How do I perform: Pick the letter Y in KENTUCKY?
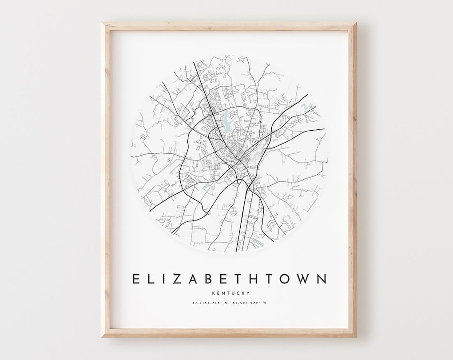(248, 292)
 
